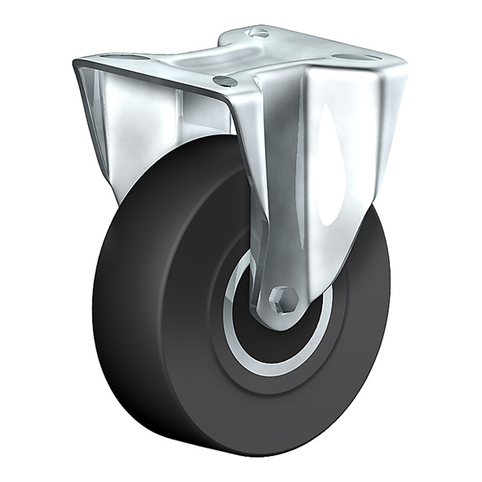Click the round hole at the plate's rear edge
[259, 32]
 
